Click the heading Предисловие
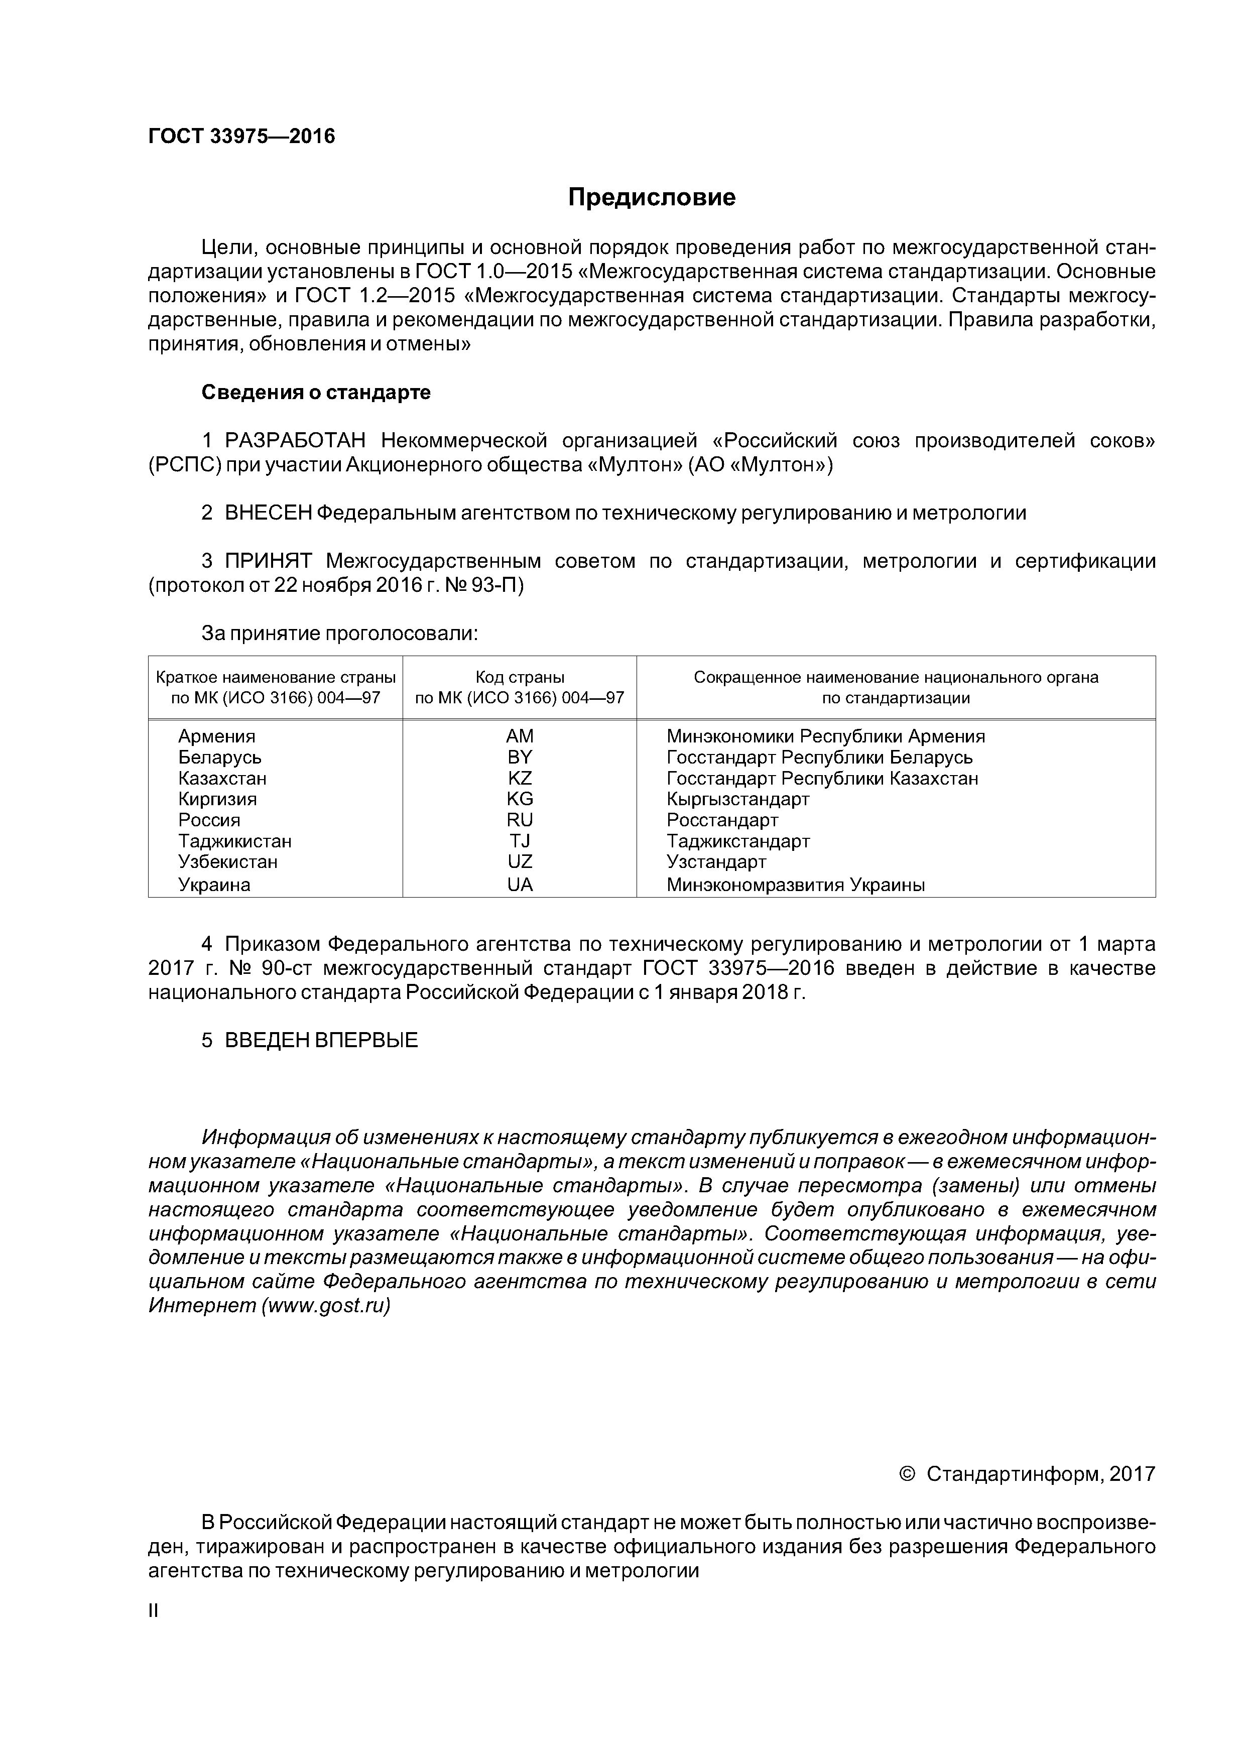651,198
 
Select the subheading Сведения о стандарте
316,393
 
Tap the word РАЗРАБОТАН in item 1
295,441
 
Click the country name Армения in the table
216,736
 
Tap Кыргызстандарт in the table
737,799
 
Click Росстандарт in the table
722,821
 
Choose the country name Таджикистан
235,841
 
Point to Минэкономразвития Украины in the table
795,885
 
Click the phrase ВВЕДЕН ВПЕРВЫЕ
321,1041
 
